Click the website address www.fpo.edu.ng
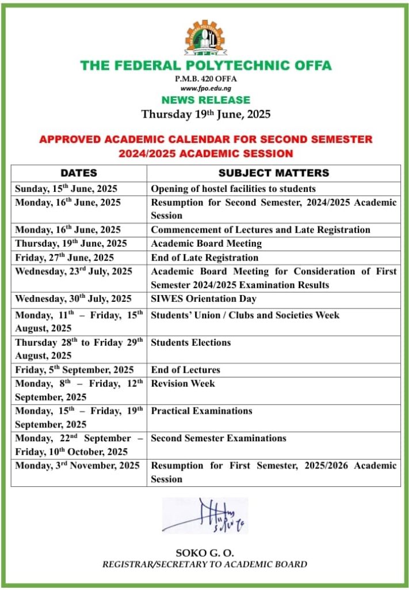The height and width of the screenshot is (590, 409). click(205, 88)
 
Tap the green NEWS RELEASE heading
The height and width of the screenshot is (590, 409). click(205, 100)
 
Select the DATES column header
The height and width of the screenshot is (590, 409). click(79, 173)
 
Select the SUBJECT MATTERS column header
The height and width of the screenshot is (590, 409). click(273, 173)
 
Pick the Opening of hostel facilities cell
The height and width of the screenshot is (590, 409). click(233, 188)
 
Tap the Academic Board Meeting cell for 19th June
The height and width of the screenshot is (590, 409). click(206, 244)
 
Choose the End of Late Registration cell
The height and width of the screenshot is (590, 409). click(204, 258)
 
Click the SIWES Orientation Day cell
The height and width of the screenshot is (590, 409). click(203, 298)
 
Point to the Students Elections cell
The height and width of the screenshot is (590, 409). click(190, 342)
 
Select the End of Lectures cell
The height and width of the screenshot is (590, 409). click(185, 370)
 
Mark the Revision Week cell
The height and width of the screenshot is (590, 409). click(182, 384)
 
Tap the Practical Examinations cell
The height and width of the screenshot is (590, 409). click(201, 411)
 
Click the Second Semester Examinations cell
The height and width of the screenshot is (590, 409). click(218, 438)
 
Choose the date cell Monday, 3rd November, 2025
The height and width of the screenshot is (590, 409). click(77, 466)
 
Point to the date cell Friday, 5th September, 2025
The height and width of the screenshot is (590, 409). click(74, 370)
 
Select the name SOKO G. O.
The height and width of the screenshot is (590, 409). click(205, 553)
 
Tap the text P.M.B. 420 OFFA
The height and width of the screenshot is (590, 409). click(205, 78)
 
